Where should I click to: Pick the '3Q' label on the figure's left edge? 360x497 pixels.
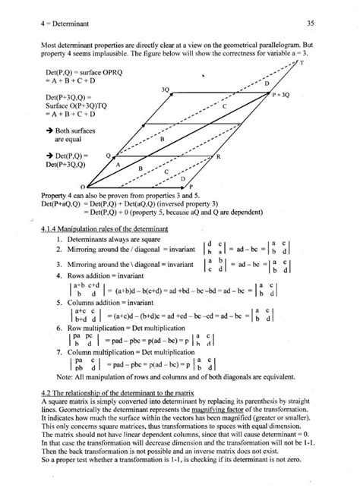pyautogui.click(x=165, y=90)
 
